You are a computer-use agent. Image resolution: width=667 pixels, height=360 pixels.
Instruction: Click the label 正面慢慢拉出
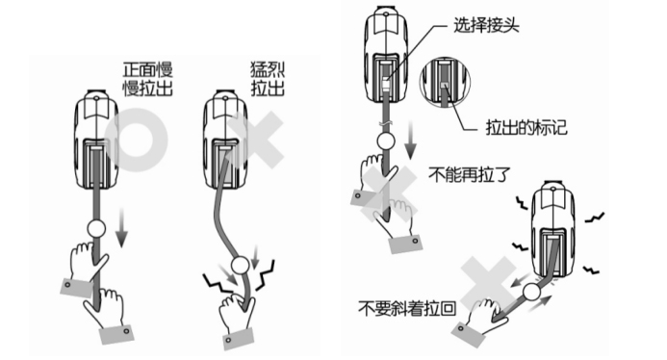click(x=147, y=79)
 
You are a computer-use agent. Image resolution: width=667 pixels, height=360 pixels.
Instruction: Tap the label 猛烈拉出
click(x=268, y=79)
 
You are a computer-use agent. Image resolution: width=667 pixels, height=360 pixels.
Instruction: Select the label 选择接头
click(x=486, y=26)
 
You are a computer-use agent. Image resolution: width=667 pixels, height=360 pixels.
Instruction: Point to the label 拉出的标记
click(x=526, y=127)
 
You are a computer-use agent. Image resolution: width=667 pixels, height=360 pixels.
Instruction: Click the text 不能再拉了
click(x=469, y=174)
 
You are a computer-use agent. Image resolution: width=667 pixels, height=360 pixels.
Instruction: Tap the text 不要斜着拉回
click(x=407, y=308)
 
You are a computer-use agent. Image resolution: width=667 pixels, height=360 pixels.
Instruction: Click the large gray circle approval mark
click(x=136, y=141)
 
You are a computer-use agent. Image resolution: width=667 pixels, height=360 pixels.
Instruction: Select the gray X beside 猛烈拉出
click(x=255, y=140)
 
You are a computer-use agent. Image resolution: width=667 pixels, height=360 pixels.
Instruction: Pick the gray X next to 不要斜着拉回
click(x=489, y=284)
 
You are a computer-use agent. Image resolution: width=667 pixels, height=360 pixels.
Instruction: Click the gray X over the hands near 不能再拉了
click(x=389, y=193)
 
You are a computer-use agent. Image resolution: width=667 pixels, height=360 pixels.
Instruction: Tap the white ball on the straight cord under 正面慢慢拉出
click(x=96, y=228)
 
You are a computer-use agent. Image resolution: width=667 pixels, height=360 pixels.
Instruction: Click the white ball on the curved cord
click(x=240, y=265)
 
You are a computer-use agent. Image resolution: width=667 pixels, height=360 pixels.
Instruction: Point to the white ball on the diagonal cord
click(x=531, y=292)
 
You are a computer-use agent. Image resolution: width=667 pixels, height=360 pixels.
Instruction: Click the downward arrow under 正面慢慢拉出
click(x=121, y=228)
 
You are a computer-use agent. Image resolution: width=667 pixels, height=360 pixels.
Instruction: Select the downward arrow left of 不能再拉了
click(x=410, y=140)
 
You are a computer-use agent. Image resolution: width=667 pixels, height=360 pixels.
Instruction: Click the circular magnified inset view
click(x=445, y=82)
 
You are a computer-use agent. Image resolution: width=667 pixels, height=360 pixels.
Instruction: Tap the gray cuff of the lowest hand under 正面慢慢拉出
click(x=116, y=335)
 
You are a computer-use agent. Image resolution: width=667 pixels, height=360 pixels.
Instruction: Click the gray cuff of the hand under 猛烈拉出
click(x=239, y=339)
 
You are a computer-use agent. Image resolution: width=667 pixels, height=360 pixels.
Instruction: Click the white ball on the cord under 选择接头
click(x=386, y=141)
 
